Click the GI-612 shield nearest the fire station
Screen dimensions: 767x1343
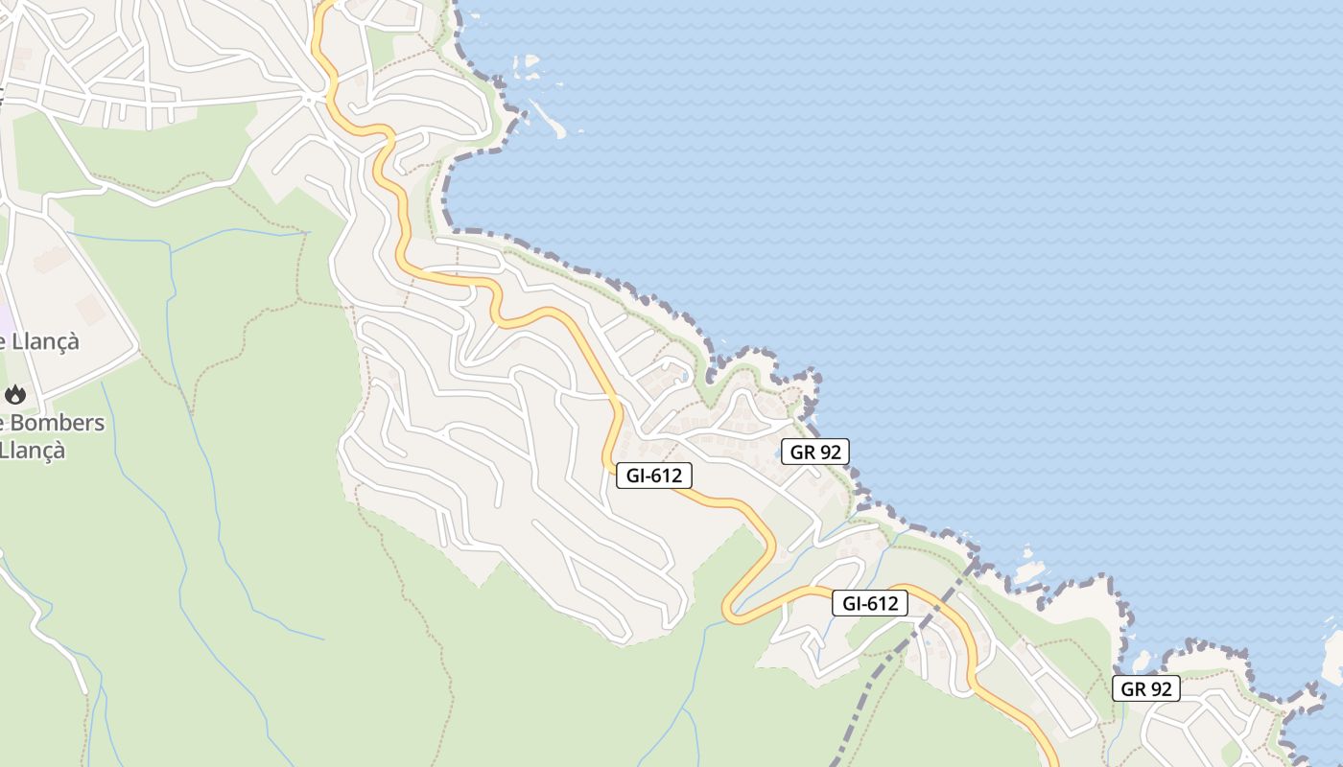point(653,475)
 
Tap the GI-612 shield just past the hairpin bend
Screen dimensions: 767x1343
point(869,603)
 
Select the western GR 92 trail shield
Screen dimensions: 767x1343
point(814,452)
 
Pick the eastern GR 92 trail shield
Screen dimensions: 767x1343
point(1145,688)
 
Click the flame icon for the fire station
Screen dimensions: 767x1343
point(14,394)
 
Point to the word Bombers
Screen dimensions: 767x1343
point(58,423)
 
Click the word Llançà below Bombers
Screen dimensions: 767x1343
point(34,449)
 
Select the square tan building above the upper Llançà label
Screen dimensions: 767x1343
point(90,310)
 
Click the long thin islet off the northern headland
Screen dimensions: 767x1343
point(548,119)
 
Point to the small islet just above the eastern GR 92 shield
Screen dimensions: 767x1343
point(1142,662)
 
